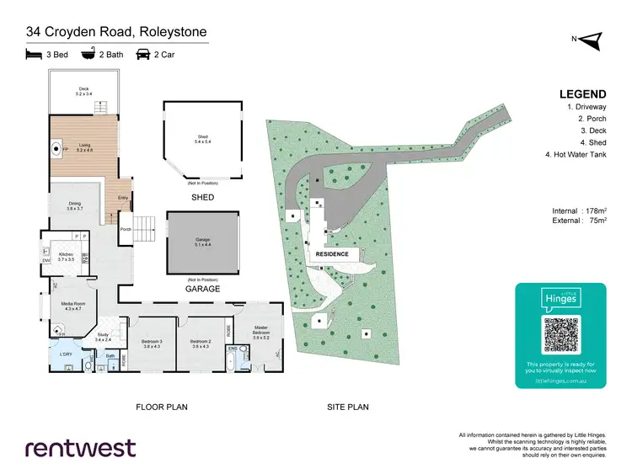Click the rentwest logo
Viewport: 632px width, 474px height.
click(80, 447)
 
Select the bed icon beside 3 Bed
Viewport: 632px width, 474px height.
click(34, 55)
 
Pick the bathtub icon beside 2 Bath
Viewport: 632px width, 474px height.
click(88, 55)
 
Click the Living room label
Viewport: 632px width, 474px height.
click(84, 146)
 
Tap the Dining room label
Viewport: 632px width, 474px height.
click(74, 205)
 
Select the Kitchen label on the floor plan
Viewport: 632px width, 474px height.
click(67, 256)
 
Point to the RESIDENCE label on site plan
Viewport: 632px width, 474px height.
click(332, 253)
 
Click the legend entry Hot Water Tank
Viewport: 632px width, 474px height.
click(582, 155)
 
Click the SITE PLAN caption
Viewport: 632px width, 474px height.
click(347, 407)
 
